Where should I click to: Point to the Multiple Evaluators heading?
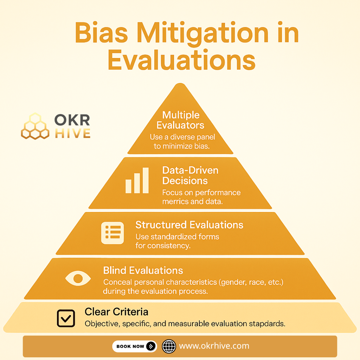(181, 120)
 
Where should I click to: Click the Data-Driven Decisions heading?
(190, 175)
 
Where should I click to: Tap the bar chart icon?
(137, 181)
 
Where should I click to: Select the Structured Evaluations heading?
(189, 225)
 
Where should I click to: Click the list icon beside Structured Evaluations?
(112, 232)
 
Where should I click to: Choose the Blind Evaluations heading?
(143, 270)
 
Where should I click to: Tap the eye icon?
(78, 278)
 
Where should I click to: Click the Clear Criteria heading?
(116, 312)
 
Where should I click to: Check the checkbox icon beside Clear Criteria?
(66, 318)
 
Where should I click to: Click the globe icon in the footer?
(169, 346)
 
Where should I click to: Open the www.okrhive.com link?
(214, 346)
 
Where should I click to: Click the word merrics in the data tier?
(174, 202)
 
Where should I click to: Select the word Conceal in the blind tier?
(115, 282)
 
